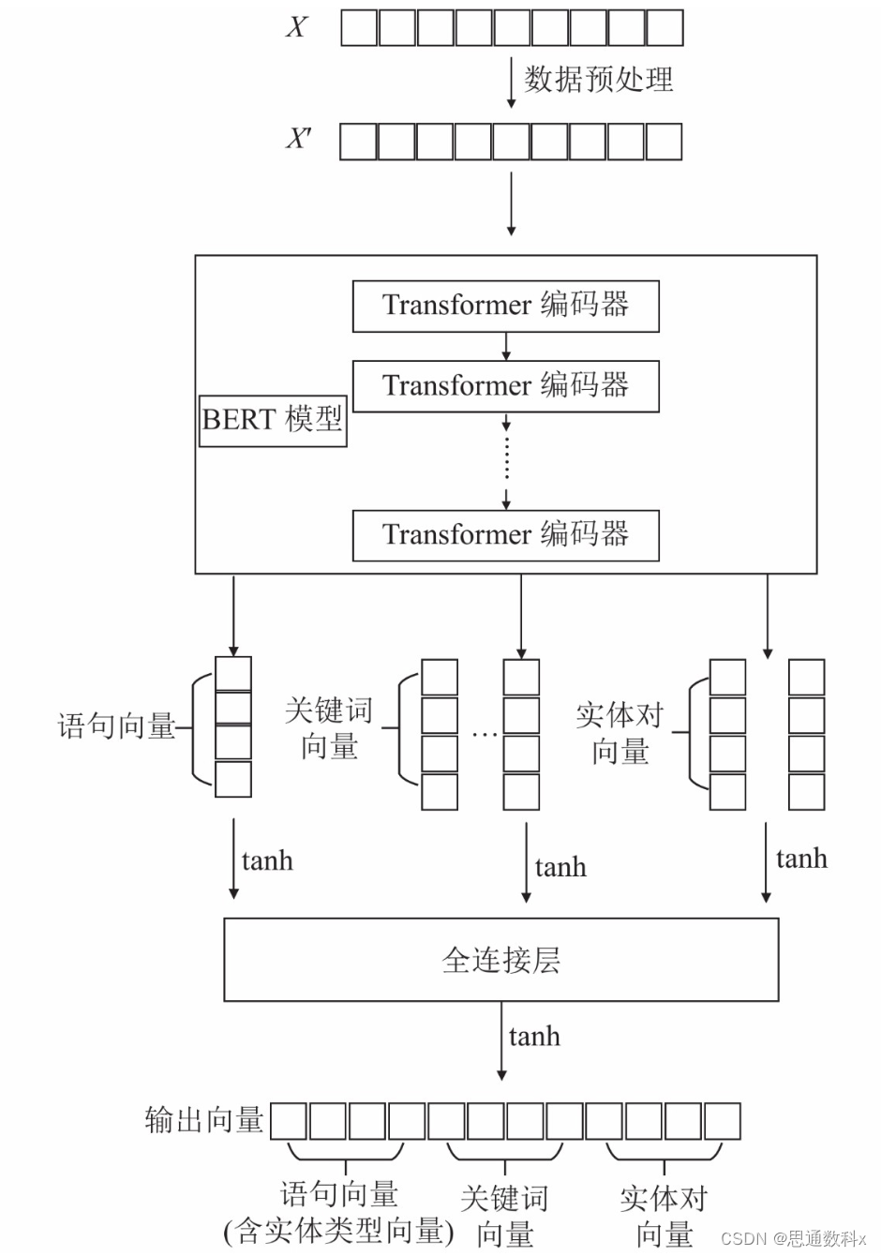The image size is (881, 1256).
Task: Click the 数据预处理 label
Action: [598, 80]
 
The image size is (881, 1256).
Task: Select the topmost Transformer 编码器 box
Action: [505, 306]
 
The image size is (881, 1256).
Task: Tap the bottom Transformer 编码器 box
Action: [505, 535]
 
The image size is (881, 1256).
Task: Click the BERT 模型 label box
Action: [273, 420]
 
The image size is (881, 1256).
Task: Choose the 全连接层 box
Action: [500, 960]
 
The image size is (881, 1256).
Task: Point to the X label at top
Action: [296, 27]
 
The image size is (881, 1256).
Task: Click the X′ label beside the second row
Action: [298, 140]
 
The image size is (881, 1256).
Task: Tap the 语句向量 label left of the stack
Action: [116, 726]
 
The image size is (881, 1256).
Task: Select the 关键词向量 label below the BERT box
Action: [329, 728]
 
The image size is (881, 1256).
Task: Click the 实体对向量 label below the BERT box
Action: [620, 733]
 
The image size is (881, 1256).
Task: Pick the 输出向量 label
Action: [204, 1120]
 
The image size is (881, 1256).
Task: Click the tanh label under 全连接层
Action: [534, 1037]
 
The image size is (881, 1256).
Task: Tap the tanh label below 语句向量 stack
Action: [267, 861]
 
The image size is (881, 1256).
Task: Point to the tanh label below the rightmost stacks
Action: [801, 859]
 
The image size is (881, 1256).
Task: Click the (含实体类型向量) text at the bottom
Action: [338, 1231]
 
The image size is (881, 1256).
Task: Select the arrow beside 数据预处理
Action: [511, 82]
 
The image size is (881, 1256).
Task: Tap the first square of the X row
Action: [359, 28]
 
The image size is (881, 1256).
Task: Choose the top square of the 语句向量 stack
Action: [233, 674]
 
